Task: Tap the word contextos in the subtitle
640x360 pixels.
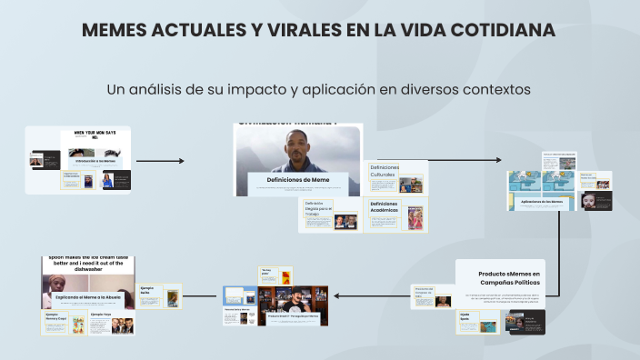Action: click(x=491, y=90)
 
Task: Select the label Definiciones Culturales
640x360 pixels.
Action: click(x=384, y=171)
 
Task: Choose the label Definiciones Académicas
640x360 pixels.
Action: click(x=384, y=206)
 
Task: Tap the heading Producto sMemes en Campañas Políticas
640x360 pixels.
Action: click(x=509, y=278)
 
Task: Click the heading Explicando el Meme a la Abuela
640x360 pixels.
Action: click(x=87, y=297)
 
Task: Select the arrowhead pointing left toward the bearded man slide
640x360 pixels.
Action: click(x=336, y=295)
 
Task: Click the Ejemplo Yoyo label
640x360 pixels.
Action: click(x=102, y=315)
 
